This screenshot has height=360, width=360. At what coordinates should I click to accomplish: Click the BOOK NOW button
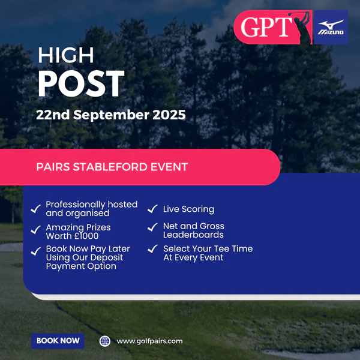pos(58,341)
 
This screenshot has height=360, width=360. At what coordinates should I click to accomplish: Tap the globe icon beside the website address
pos(105,341)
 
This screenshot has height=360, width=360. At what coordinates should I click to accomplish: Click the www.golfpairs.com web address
pos(149,341)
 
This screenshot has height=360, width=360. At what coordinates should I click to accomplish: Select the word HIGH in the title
pos(66,55)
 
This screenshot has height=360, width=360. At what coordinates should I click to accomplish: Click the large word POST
pos(81,83)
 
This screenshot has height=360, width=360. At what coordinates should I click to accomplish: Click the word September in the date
pos(112,115)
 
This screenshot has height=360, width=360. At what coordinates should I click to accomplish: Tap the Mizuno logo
pos(331,27)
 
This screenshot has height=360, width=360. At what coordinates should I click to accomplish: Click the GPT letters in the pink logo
pos(266,27)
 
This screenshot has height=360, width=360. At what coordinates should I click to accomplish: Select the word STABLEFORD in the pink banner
pos(110,167)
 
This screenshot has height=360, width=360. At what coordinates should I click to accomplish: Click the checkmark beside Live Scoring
pos(152,209)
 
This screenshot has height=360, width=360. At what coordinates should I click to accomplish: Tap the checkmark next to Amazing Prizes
pos(36,230)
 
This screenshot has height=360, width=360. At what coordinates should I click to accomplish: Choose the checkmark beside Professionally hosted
pos(36,209)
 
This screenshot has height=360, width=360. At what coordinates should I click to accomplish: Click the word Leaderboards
pos(193,235)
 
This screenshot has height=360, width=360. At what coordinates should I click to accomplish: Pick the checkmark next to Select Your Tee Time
pos(152,248)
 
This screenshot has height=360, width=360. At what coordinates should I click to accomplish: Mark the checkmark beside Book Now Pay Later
pos(36,251)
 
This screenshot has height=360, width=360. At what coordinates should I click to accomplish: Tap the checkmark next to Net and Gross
pos(152,227)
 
